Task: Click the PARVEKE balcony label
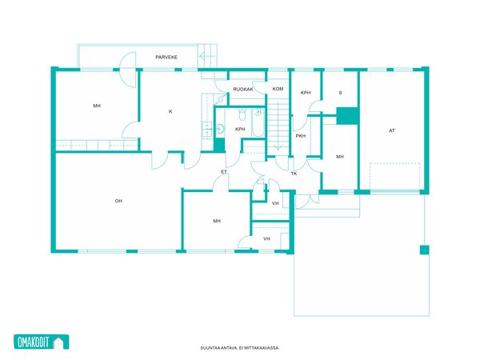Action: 166,58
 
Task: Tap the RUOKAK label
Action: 243,90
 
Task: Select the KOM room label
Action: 278,89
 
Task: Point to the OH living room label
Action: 118,201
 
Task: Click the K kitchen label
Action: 170,111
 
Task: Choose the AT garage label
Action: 392,130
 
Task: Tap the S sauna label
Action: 341,93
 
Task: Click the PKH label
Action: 301,136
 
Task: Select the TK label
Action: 294,174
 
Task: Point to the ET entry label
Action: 224,172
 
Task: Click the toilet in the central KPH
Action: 242,114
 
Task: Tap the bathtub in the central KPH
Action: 258,122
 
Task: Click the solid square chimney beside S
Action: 347,116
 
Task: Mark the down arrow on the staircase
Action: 278,146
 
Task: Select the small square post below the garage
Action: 424,250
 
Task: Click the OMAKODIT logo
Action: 42,342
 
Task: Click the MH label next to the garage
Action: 340,157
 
